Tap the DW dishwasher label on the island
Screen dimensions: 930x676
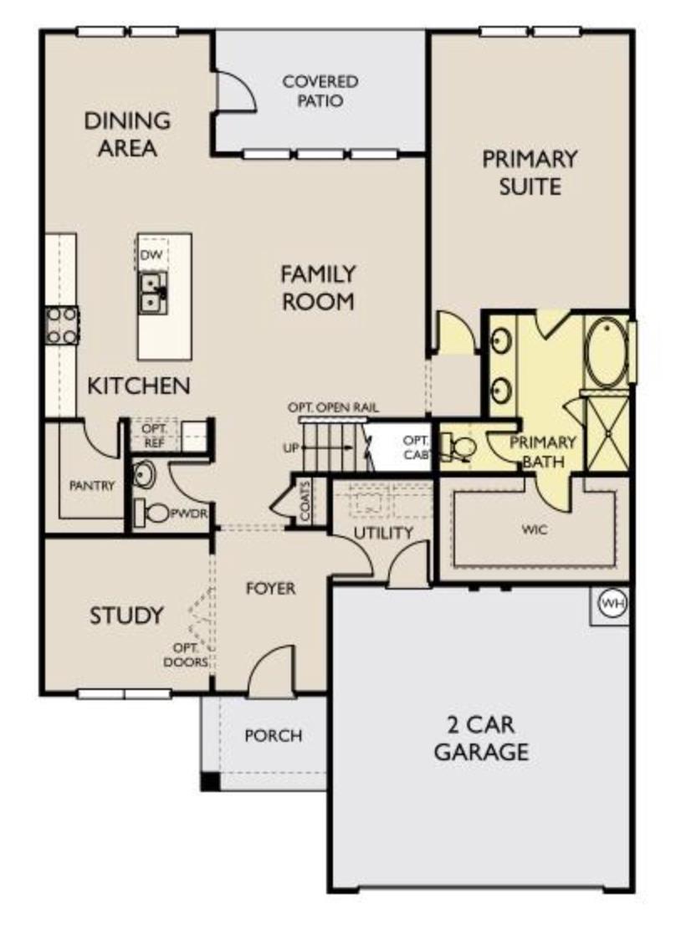coord(151,254)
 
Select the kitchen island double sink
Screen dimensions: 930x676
coord(151,291)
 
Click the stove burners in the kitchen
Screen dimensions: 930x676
coord(61,325)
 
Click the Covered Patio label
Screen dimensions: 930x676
coord(320,91)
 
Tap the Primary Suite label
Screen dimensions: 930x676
coord(529,171)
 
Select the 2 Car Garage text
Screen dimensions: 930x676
coord(480,737)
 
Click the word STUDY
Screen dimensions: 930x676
coord(126,616)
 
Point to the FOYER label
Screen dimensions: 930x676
coord(270,588)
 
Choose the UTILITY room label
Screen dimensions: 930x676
coord(383,533)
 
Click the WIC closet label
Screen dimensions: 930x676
coord(533,529)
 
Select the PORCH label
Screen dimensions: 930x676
coord(273,736)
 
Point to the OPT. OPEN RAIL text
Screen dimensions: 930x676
coord(333,407)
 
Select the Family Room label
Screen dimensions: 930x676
coord(317,287)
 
